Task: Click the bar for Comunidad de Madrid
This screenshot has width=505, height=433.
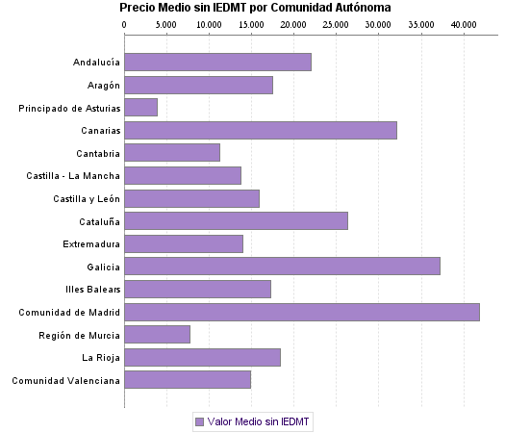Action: tap(301, 312)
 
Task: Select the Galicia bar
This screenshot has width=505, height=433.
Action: tap(282, 267)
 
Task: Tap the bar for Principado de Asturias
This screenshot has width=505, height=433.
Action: tap(140, 108)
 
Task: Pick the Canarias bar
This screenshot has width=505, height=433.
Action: tap(260, 130)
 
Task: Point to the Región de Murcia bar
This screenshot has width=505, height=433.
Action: tap(157, 335)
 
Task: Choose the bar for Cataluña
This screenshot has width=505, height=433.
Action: tap(236, 221)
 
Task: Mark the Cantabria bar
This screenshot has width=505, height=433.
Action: tap(172, 153)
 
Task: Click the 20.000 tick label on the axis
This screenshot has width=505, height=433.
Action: tap(293, 22)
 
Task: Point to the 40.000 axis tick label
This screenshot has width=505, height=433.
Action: tap(463, 22)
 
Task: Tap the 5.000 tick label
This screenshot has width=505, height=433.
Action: tap(166, 22)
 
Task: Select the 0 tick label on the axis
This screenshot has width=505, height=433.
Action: tap(125, 22)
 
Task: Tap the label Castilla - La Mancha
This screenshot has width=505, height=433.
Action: tap(74, 176)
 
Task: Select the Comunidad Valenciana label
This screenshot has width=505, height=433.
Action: tap(66, 380)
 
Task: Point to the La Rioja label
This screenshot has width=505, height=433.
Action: tap(100, 358)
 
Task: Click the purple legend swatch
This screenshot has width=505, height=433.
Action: tap(199, 421)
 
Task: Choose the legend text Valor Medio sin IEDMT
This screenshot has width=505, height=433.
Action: tap(259, 421)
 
